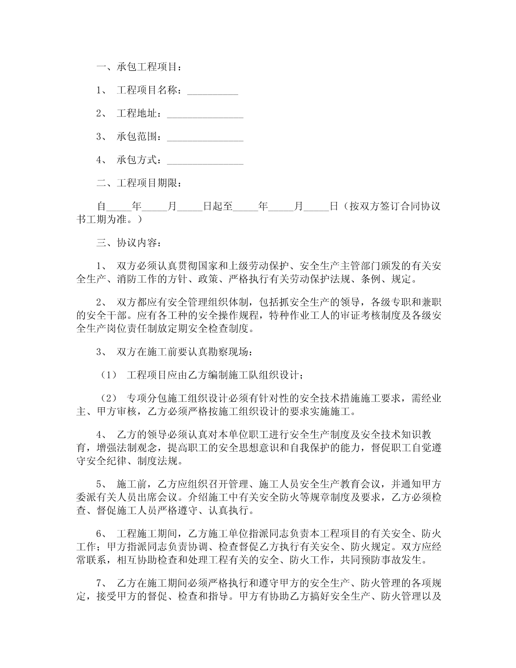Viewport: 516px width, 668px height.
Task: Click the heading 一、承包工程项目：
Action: [140, 67]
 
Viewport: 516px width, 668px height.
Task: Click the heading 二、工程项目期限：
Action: [140, 183]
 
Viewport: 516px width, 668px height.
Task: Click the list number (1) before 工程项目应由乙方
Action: [107, 374]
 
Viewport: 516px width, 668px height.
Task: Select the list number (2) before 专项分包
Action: [107, 398]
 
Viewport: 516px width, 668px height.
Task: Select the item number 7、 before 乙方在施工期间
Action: [102, 584]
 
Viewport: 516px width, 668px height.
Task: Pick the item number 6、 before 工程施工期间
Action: [102, 534]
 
